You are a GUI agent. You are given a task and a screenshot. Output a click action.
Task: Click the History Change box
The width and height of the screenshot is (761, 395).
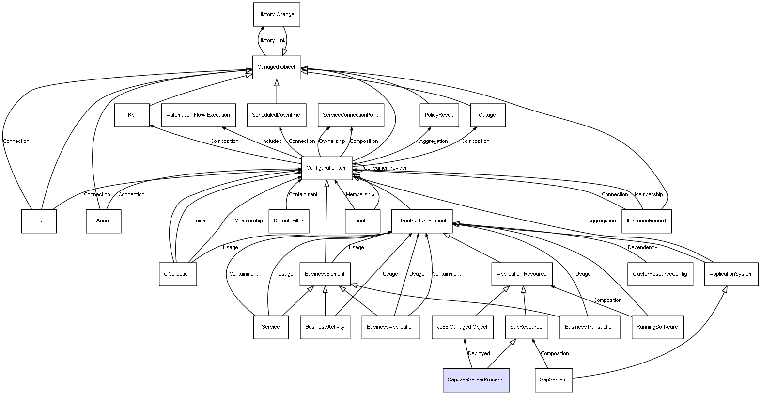(x=276, y=15)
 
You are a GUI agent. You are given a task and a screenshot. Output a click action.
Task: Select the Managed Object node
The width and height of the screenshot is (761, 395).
(x=276, y=67)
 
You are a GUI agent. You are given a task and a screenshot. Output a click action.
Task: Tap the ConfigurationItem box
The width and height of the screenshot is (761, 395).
(x=326, y=168)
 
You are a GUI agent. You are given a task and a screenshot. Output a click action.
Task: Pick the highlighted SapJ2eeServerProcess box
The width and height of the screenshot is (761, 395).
(x=476, y=380)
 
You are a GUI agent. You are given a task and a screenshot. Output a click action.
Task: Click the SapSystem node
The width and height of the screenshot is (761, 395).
(x=553, y=380)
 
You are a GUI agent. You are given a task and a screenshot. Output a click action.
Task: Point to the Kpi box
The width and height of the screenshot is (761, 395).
(x=132, y=115)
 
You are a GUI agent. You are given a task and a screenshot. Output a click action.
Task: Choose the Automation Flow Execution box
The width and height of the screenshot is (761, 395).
(x=198, y=115)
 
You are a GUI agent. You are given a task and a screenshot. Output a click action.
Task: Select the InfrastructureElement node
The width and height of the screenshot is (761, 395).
(x=421, y=221)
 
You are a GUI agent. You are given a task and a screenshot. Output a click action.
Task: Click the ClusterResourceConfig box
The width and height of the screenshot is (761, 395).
(x=660, y=274)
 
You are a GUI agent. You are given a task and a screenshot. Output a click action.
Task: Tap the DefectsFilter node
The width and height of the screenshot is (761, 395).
(x=288, y=221)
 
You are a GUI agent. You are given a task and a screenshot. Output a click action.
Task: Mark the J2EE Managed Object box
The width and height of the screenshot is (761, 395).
(x=462, y=327)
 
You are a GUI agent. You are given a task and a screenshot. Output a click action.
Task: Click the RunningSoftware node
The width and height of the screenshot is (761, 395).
(x=657, y=327)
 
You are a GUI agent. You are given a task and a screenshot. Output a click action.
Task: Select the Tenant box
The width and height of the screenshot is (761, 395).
(x=39, y=221)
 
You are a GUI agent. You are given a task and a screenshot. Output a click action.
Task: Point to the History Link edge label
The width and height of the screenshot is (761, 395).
(x=272, y=41)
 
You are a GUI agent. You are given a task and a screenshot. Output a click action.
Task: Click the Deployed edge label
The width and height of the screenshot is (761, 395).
(x=479, y=354)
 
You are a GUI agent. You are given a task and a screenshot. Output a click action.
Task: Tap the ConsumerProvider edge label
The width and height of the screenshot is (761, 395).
(x=385, y=168)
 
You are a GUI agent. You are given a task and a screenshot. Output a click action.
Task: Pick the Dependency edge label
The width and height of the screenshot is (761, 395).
(x=642, y=248)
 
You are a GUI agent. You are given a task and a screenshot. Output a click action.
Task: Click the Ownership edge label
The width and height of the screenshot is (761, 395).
(x=332, y=142)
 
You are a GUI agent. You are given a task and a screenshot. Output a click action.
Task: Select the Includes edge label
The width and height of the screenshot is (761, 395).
(x=272, y=142)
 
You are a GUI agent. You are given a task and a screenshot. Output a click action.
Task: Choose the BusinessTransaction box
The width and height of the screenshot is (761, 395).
(x=590, y=327)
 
